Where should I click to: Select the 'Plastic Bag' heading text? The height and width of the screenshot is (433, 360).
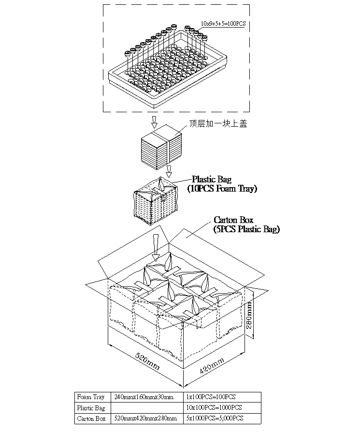[212, 180]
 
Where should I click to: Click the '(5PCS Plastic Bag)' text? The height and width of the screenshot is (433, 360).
[246, 230]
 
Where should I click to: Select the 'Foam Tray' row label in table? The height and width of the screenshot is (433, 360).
[91, 397]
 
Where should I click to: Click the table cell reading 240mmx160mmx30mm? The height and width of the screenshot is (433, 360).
[143, 397]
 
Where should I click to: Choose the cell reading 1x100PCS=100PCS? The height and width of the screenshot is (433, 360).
[211, 397]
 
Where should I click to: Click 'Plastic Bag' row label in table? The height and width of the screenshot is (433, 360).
[91, 408]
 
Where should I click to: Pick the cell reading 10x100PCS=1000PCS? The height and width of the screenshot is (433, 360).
[214, 408]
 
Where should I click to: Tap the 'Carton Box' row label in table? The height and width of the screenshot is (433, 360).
[91, 418]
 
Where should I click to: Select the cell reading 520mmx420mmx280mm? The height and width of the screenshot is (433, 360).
[146, 418]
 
